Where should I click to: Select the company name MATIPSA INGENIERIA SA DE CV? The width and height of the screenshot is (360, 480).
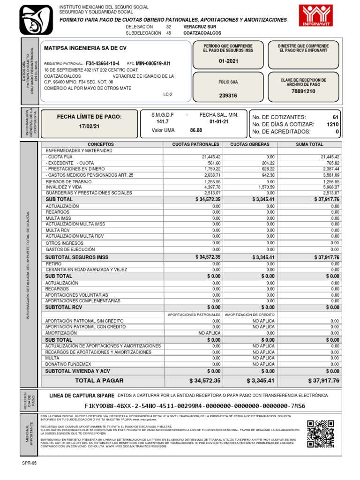pyautogui.click(x=85, y=48)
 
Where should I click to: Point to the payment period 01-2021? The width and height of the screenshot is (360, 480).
pyautogui.click(x=228, y=62)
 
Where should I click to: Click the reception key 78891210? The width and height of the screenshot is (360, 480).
pyautogui.click(x=303, y=91)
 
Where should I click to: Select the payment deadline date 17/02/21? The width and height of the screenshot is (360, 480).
pyautogui.click(x=89, y=126)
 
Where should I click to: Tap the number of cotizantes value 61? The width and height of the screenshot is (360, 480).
pyautogui.click(x=335, y=117)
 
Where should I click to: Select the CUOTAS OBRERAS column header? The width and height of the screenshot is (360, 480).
pyautogui.click(x=250, y=144)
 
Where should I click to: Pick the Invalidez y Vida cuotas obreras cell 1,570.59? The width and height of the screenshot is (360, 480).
pyautogui.click(x=265, y=187)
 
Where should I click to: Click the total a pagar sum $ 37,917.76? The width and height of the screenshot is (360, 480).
pyautogui.click(x=323, y=381)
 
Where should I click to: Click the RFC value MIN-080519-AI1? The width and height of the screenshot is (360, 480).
pyautogui.click(x=153, y=63)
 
